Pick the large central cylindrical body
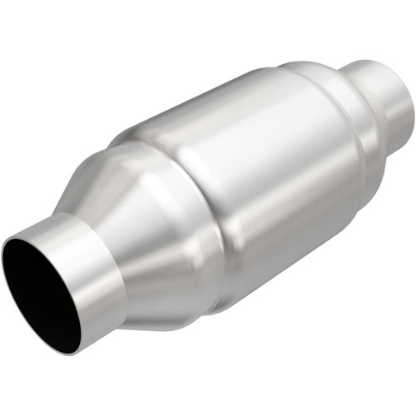[x=250, y=175]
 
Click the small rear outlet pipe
[x=387, y=104]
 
